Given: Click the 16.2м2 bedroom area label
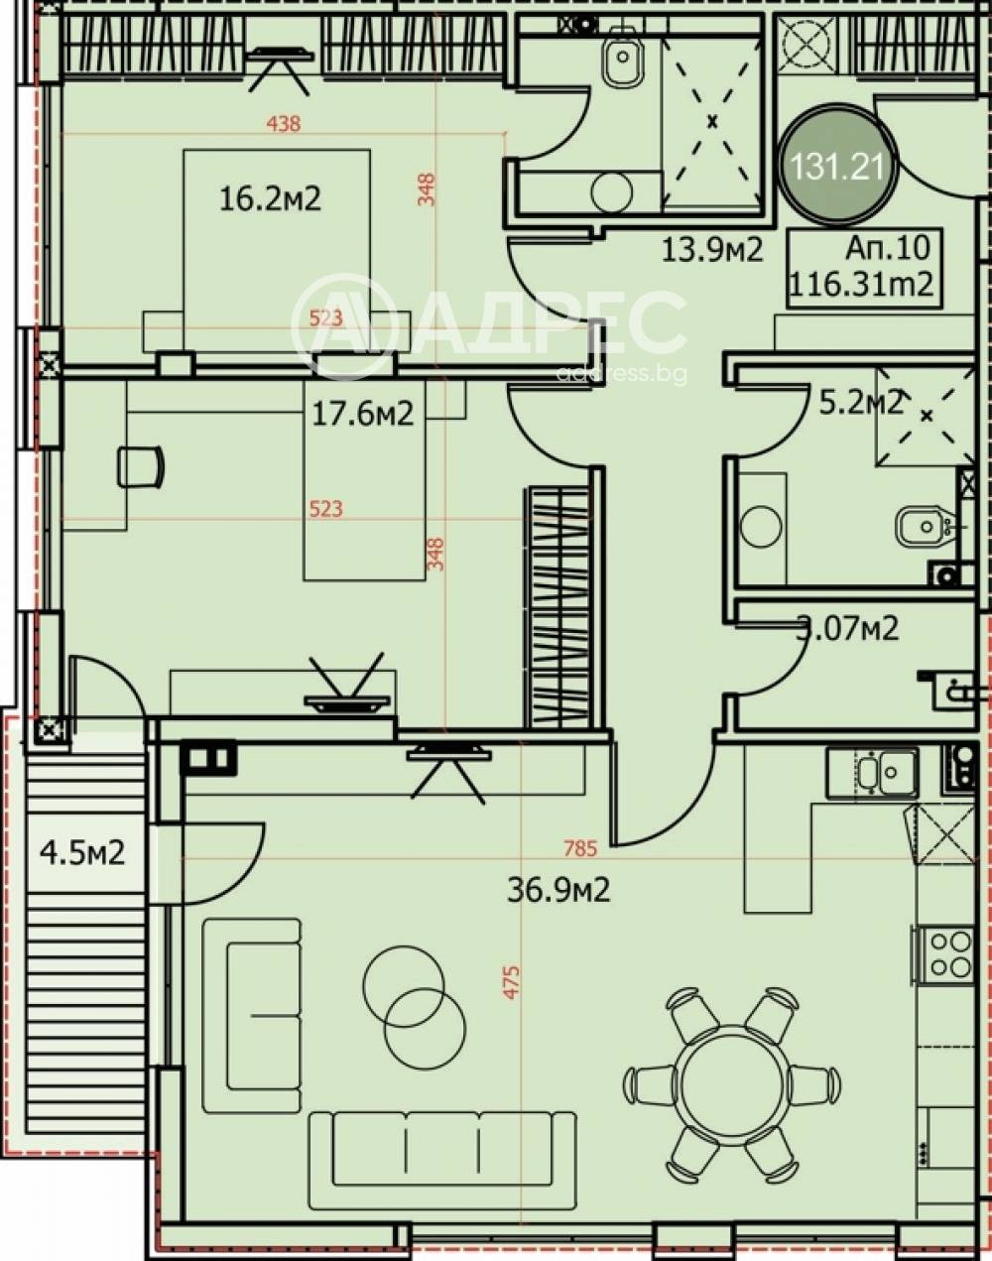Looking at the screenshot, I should [270, 198].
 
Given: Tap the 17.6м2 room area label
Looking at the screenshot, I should [362, 414].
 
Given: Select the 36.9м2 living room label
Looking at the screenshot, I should [558, 890].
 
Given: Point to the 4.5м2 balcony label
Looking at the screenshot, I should [82, 851].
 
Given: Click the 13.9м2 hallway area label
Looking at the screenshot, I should [711, 250].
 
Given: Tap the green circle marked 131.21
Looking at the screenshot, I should [838, 166].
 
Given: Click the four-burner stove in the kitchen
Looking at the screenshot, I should [947, 953].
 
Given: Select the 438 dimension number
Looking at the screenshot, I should [284, 124].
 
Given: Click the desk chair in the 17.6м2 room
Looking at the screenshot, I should [140, 466].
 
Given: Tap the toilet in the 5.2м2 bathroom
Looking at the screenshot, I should [924, 527].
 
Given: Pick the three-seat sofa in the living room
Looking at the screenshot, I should [442, 1148].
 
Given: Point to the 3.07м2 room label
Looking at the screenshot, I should [848, 628].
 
